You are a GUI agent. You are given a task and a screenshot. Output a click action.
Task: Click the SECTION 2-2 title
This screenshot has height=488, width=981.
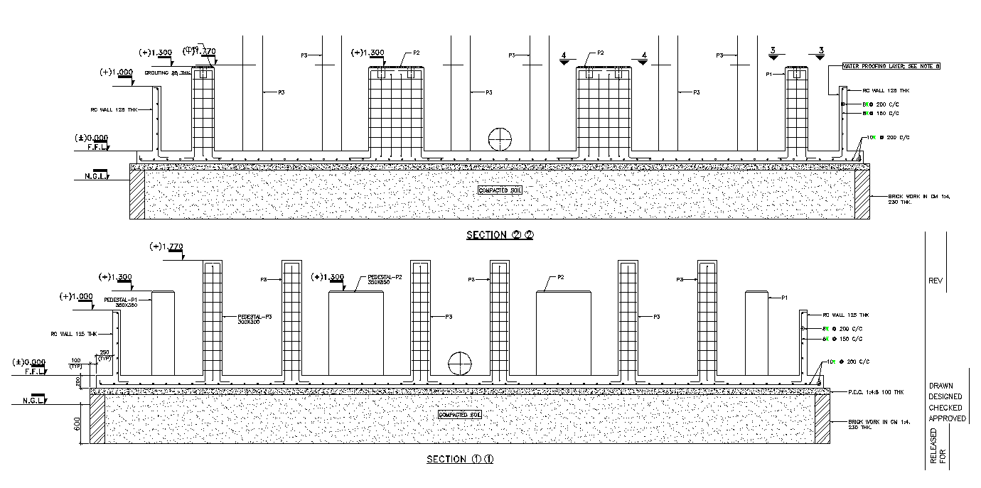coord(500,235)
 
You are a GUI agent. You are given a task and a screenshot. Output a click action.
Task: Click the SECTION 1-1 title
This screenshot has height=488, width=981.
coord(460,459)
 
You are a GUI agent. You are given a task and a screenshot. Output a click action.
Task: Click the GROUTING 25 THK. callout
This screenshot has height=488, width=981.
coord(168,73)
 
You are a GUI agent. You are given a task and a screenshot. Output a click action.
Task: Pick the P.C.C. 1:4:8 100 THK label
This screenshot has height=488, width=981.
coord(875,392)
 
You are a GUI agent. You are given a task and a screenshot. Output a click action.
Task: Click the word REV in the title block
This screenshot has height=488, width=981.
coord(936,281)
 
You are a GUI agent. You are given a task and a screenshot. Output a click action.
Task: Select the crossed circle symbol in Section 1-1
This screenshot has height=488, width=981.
coord(460,363)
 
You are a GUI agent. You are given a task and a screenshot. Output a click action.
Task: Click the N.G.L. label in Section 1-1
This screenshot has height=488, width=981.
coord(33,401)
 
